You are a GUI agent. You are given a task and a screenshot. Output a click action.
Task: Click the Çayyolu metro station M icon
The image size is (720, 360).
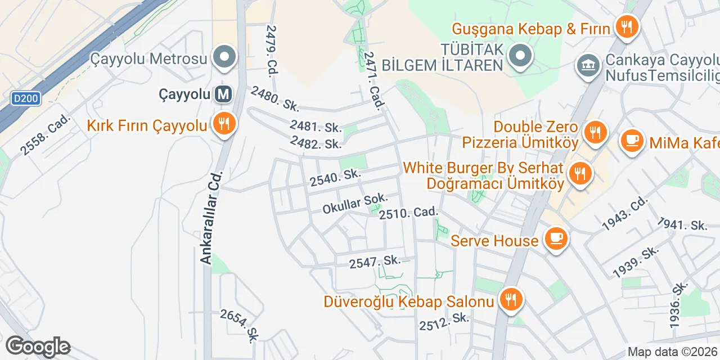tap(223, 94)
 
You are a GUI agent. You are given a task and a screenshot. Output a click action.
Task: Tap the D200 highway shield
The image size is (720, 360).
tap(25, 99)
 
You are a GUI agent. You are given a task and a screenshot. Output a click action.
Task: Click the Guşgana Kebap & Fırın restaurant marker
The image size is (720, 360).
tap(625, 26)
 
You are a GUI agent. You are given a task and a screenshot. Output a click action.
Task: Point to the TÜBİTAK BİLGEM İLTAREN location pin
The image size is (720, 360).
tap(521, 56)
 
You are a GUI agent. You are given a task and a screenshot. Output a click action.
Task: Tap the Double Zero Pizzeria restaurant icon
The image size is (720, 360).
tap(594, 133)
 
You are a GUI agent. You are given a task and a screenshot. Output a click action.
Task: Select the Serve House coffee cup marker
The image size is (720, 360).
tap(556, 238)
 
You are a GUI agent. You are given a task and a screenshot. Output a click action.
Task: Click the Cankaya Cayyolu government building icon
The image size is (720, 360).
tap(588, 65)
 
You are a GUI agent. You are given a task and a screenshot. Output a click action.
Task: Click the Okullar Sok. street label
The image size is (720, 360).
tap(355, 203)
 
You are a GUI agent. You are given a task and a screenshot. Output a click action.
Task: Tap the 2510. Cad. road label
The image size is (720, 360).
tap(408, 214)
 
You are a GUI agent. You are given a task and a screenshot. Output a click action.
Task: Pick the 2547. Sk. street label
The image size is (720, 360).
tap(374, 262)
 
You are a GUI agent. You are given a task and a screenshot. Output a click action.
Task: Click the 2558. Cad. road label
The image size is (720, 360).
tap(45, 135)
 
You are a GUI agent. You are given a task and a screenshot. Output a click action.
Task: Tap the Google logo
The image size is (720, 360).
tap(38, 347)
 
